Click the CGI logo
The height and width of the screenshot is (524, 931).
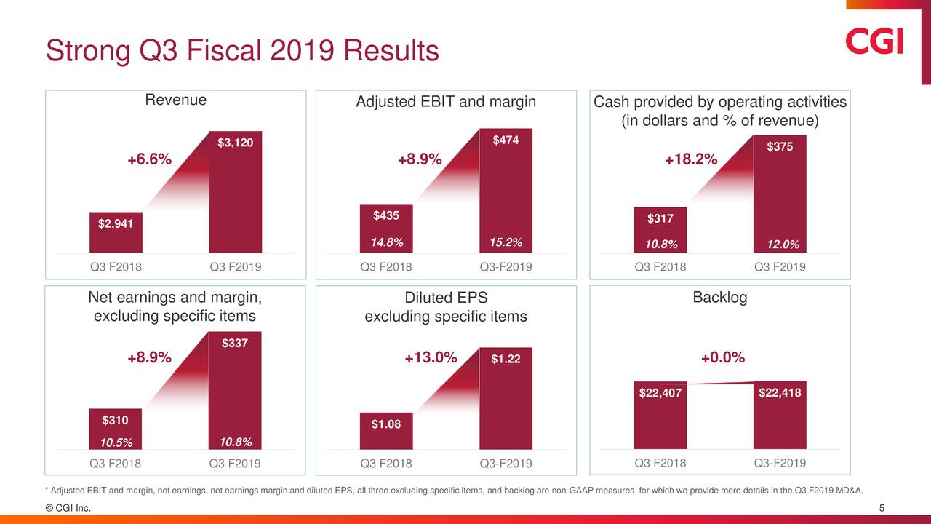click(874, 41)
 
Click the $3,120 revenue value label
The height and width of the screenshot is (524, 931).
click(236, 143)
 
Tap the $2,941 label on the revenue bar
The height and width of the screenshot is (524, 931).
click(116, 223)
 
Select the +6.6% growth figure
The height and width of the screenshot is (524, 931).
click(150, 160)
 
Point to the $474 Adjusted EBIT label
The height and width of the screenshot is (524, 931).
click(506, 140)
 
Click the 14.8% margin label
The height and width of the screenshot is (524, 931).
click(386, 242)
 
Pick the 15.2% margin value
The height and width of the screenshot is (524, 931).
click(506, 242)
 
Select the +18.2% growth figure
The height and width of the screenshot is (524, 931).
click(691, 160)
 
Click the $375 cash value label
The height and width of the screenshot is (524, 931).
click(780, 147)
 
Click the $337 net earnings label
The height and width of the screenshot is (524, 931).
click(235, 343)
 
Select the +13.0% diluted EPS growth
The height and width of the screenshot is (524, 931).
click(431, 357)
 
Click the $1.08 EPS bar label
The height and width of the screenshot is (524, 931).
click(386, 424)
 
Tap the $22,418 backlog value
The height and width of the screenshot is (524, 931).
click(780, 393)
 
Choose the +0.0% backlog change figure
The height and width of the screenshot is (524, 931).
click(723, 357)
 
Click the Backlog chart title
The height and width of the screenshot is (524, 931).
click(719, 298)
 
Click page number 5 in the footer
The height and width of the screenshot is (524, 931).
click(882, 508)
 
